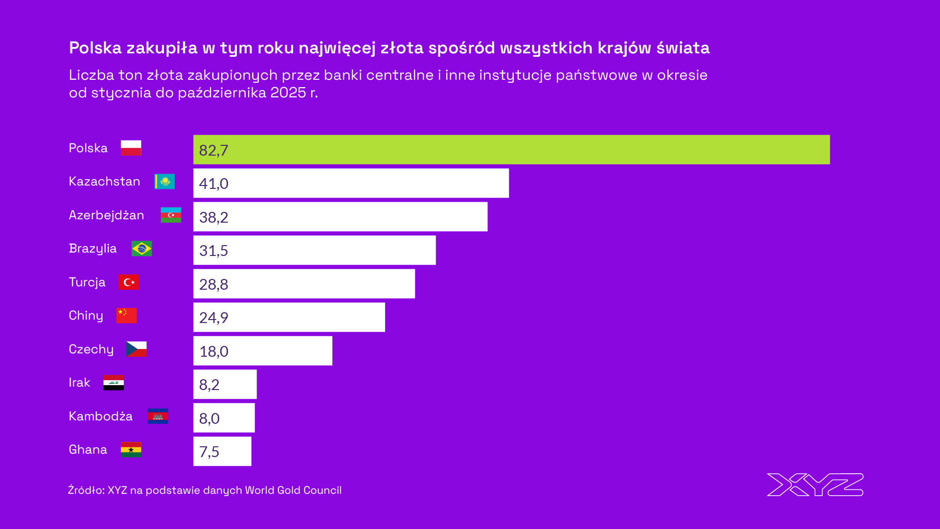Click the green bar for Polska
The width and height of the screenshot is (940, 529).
tap(511, 150)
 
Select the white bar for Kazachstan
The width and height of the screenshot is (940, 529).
tap(351, 184)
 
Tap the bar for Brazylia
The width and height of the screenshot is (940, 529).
tap(314, 251)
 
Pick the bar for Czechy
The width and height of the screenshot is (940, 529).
tap(263, 351)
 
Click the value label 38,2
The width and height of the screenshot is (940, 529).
tap(214, 217)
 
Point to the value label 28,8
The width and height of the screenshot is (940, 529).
tap(214, 284)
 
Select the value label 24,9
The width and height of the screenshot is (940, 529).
tap(214, 318)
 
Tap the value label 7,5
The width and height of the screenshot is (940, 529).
tap(209, 452)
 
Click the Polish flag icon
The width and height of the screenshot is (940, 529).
tap(131, 148)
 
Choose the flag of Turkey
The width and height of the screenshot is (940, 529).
tap(129, 282)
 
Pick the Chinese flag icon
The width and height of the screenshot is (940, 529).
tap(126, 316)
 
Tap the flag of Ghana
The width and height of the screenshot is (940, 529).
tap(131, 450)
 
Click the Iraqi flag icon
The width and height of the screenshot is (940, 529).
tap(114, 383)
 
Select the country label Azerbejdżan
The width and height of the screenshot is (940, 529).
tap(106, 215)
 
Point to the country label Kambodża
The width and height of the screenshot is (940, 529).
tap(100, 416)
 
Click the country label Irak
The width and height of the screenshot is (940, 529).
tap(79, 383)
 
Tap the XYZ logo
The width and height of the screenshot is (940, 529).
tap(815, 484)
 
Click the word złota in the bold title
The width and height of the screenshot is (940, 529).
tap(402, 48)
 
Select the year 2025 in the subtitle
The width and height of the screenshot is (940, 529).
tap(288, 92)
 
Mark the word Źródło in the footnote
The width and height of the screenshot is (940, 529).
tap(85, 490)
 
